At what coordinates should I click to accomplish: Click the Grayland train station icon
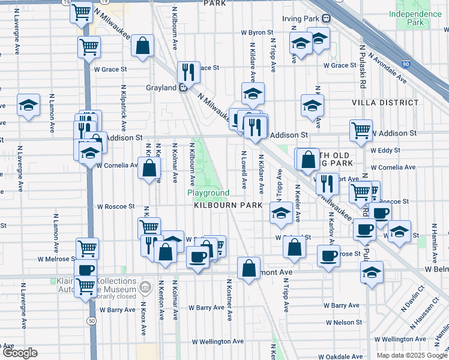(183, 88)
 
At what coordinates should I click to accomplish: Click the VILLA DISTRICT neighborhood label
(385, 103)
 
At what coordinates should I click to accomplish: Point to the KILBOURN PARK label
(228, 205)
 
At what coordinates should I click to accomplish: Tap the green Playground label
(208, 193)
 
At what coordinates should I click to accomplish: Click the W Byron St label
(257, 32)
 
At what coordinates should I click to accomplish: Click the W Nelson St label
(342, 322)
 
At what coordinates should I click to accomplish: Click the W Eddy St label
(381, 150)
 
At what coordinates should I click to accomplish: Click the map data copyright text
(412, 355)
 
